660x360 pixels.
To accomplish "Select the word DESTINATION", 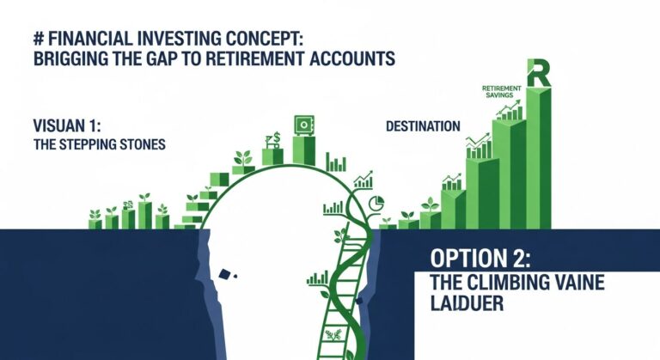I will point(422,126).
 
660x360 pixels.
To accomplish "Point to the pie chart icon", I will point(376,204).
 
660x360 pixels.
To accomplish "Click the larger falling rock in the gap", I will point(225,275).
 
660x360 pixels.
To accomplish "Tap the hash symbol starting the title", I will point(34,38).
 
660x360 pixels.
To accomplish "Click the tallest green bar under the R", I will point(540,155).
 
